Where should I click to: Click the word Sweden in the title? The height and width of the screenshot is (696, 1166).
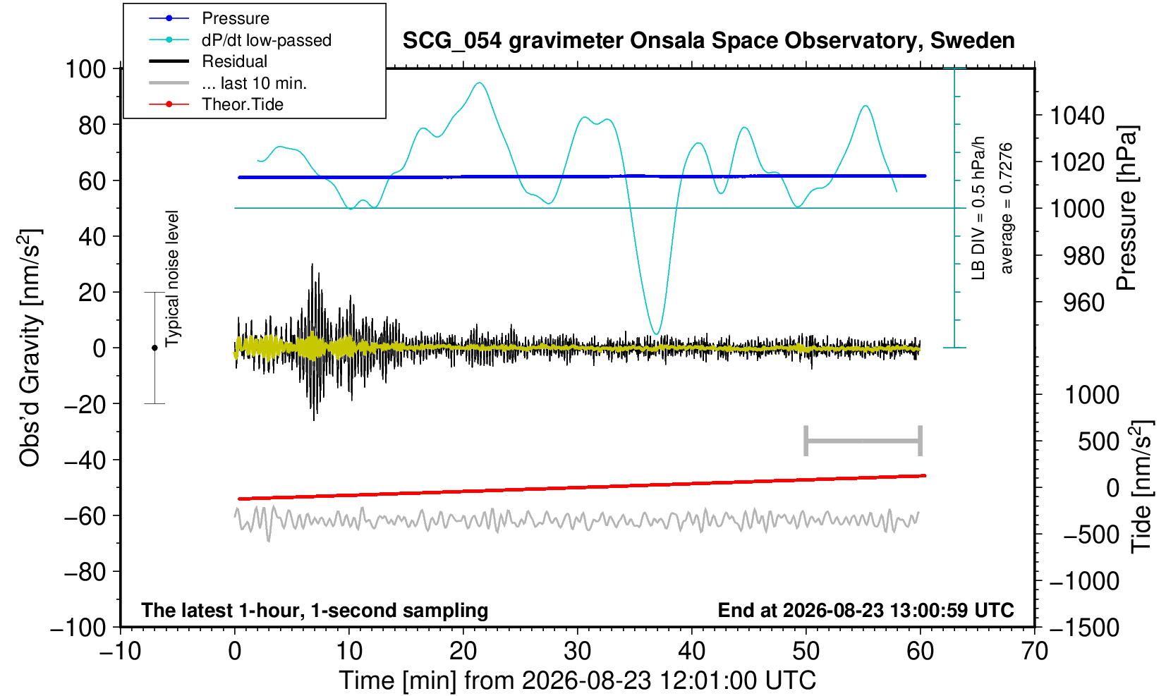click(972, 41)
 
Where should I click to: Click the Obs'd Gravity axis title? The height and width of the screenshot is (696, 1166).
click(29, 348)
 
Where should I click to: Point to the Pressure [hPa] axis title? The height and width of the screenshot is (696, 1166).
click(1127, 208)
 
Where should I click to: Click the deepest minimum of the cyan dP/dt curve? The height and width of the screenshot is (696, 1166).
click(657, 334)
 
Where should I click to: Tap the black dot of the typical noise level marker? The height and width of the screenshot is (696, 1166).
click(154, 348)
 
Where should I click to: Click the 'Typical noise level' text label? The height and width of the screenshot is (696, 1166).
click(172, 279)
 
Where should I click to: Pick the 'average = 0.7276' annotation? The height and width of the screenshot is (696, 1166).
click(1007, 208)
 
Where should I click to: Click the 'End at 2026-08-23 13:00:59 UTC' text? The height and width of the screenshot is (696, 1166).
click(866, 610)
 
